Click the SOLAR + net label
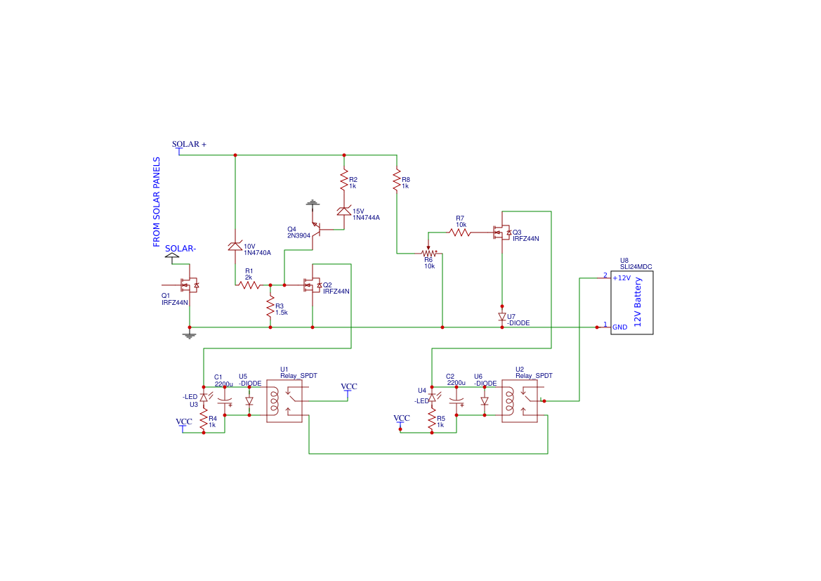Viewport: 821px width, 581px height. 189,144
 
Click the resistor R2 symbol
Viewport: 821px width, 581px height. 344,180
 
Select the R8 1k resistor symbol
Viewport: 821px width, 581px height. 397,180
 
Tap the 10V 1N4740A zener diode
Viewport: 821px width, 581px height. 235,246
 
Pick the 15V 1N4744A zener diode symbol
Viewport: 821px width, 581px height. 344,211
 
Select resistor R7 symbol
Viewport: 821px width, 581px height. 460,232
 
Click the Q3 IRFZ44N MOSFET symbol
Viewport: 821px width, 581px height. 501,233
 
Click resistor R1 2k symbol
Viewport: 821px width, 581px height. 249,285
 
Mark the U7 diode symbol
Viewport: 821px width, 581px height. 502,317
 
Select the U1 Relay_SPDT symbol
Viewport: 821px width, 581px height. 284,402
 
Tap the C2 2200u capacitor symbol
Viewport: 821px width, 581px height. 457,402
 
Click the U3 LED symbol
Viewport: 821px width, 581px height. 204,398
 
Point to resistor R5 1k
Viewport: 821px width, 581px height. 432,421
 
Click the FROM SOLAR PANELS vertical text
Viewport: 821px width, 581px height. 157,202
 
